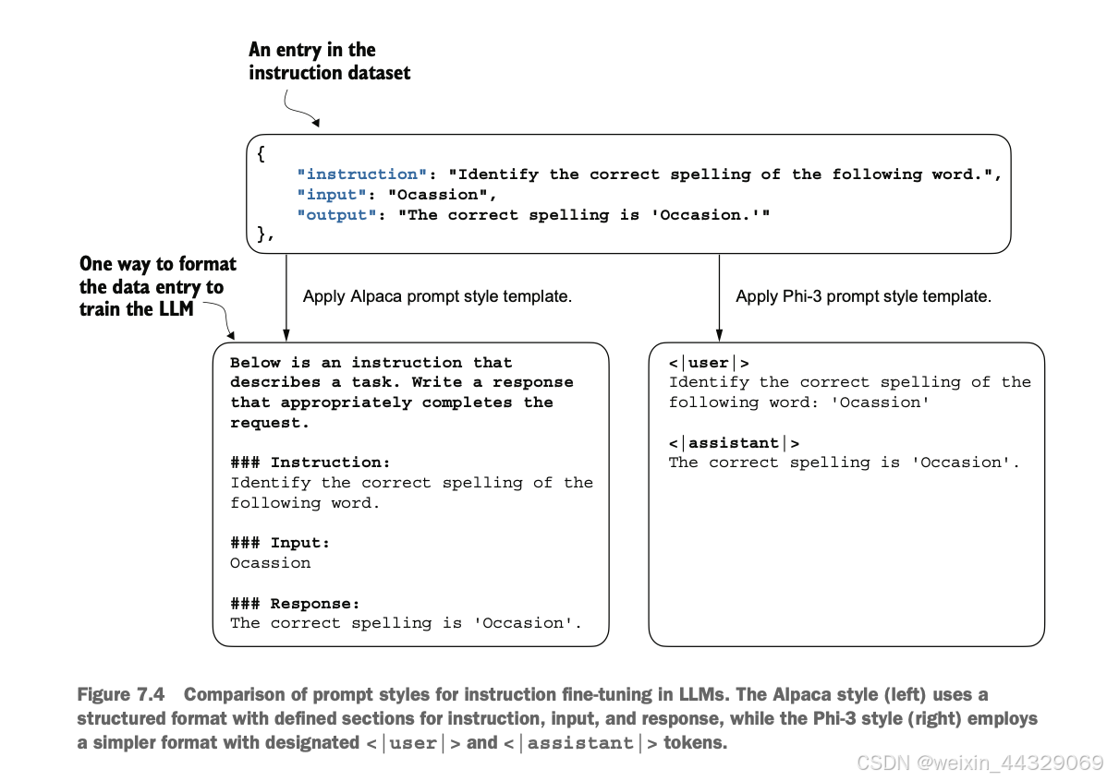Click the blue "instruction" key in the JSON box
coord(361,174)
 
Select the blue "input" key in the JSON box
coord(331,195)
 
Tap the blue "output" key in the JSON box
coord(336,215)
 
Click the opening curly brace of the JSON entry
coord(262,154)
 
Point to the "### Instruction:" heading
coord(310,463)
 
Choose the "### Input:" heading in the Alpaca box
coord(280,543)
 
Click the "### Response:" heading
coord(295,604)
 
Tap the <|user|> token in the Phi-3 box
coord(709,364)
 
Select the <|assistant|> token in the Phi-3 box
coord(735,443)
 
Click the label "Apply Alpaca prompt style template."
coord(437,296)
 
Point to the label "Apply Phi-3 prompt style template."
coord(863,296)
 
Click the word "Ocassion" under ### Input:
coord(271,563)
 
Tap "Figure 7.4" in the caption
coord(121,695)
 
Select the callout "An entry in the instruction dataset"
coord(329,61)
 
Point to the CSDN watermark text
coord(979,763)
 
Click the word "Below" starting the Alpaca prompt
coord(255,363)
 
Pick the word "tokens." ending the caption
coord(696,743)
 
